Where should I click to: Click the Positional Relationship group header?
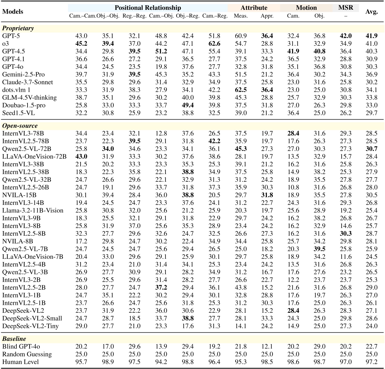[148, 8]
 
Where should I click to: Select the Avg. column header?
[372, 12]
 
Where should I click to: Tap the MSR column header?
[346, 8]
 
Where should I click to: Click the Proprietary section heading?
[18, 28]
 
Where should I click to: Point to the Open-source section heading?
[20, 126]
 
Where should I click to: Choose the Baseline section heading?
[14, 339]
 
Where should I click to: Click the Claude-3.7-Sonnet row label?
[28, 82]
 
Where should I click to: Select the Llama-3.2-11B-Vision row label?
[33, 210]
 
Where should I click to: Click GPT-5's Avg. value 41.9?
[372, 36]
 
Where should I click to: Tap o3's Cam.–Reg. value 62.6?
[214, 44]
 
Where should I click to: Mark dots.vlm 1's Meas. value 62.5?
[241, 90]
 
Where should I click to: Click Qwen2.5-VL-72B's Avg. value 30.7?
[372, 149]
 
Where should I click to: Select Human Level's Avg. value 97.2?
[372, 362]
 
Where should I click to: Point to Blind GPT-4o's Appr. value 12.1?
[267, 346]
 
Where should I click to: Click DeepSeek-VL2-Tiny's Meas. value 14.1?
[241, 326]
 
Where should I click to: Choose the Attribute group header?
[254, 8]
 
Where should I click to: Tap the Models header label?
[13, 12]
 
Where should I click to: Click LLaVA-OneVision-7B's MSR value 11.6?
[346, 257]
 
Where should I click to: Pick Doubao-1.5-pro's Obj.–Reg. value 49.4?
[188, 105]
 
